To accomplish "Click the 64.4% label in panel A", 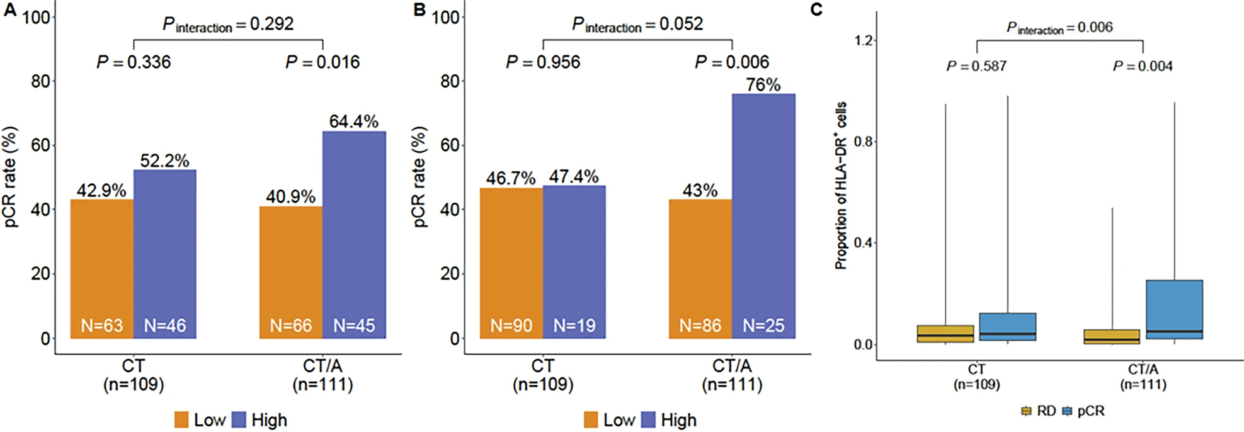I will (x=353, y=122).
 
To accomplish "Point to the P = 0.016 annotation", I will (x=322, y=62).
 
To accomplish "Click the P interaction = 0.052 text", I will (x=637, y=25).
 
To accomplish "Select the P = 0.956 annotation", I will (x=543, y=62).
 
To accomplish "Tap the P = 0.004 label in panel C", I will (x=1143, y=66).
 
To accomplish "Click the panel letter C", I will (x=816, y=10).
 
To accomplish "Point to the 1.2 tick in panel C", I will (x=864, y=41).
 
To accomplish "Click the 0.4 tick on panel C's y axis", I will (x=864, y=243).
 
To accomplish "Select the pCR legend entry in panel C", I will (x=1083, y=411).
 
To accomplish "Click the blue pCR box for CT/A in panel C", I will (x=1174, y=309).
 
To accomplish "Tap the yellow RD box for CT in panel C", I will (x=945, y=334).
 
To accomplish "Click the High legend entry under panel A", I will (x=260, y=420).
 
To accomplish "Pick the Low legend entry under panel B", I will (x=609, y=420).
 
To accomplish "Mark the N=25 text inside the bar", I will (x=763, y=326).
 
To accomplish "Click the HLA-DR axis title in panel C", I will (x=842, y=186).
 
